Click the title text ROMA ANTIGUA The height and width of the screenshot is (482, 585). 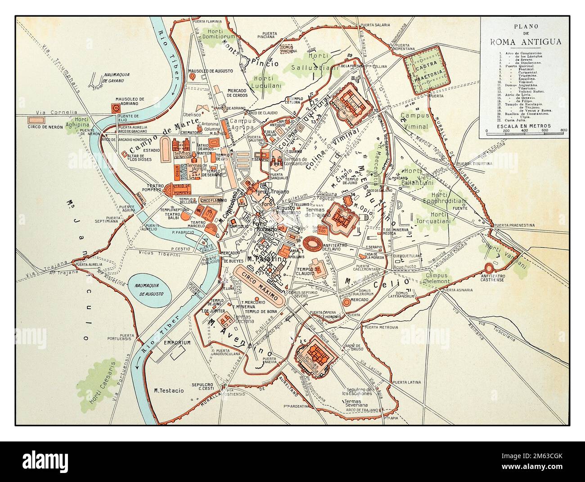523,42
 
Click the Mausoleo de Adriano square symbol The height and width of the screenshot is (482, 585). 116,108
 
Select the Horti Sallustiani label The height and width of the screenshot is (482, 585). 323,63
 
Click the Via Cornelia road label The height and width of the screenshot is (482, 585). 63,112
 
